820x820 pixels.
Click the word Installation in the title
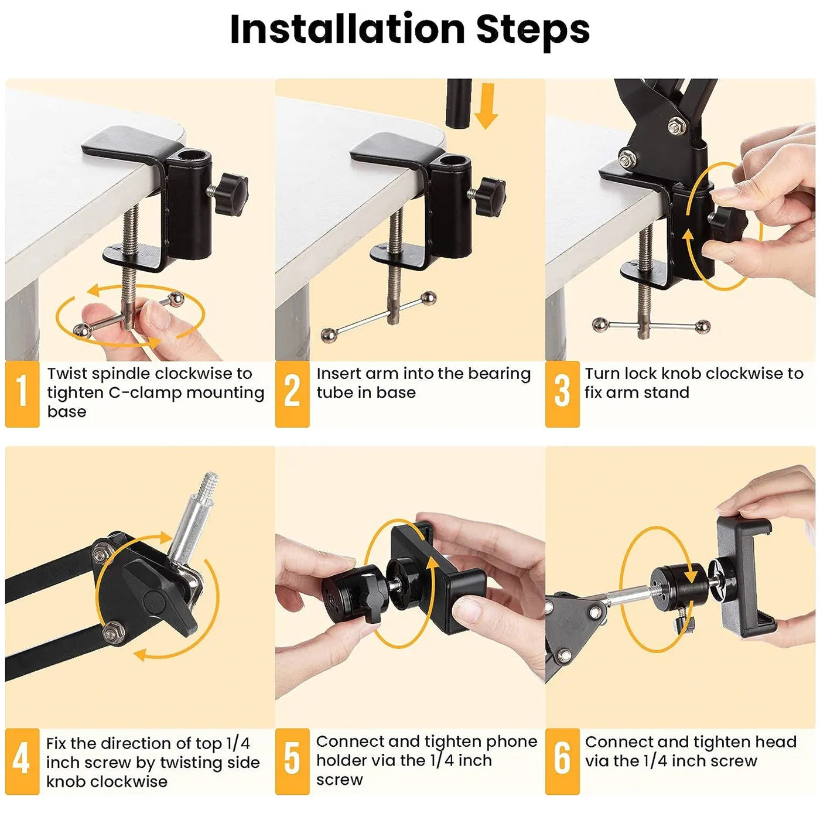tap(347, 29)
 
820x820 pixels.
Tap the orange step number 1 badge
tap(22, 393)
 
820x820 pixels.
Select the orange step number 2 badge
tap(292, 393)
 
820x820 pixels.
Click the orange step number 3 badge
tap(562, 393)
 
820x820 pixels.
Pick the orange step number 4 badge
tap(22, 760)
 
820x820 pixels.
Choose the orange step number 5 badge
tap(292, 760)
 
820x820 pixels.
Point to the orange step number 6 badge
tap(562, 760)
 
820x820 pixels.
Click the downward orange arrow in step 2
tap(486, 105)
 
